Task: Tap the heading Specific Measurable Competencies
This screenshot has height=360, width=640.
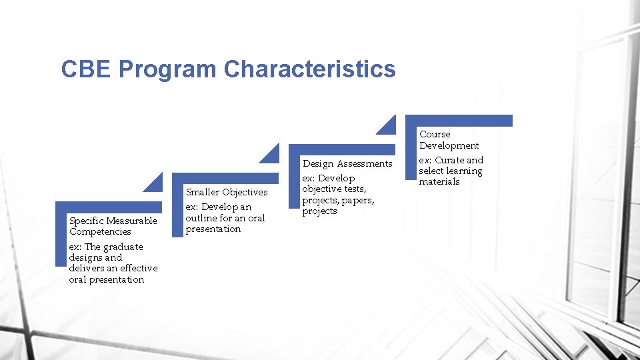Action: [113, 226]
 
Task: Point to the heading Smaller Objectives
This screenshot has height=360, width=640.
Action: [226, 192]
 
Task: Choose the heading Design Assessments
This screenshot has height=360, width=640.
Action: [347, 163]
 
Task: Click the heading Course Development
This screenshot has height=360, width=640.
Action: [449, 140]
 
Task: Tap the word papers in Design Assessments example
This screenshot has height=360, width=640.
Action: [359, 200]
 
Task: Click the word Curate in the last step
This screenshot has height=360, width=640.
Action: [450, 160]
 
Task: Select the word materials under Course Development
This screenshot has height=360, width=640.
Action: [439, 181]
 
